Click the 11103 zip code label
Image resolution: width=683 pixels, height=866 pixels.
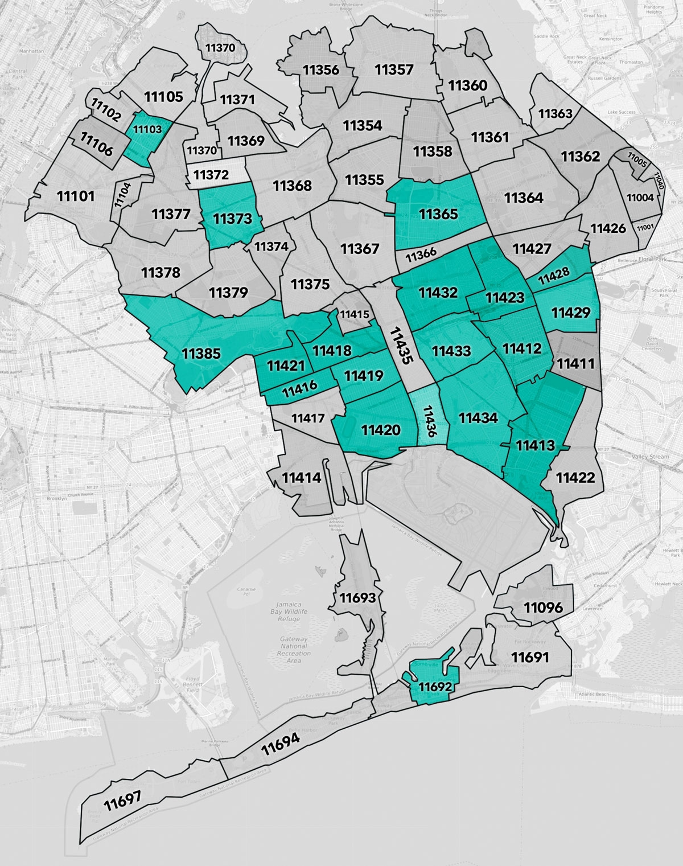147,129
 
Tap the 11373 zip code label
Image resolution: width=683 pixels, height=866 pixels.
233,218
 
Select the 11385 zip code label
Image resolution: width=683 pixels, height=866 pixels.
201,354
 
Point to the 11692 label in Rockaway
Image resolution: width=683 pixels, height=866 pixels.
435,687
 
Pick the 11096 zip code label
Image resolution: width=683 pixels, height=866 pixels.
543,608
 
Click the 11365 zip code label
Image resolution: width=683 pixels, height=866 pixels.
438,214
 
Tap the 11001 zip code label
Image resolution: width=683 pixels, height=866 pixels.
645,228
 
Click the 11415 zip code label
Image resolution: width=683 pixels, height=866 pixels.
354,314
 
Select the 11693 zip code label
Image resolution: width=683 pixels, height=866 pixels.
358,598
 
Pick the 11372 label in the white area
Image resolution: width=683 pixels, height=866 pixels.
211,175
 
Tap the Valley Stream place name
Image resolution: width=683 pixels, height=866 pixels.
650,457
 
